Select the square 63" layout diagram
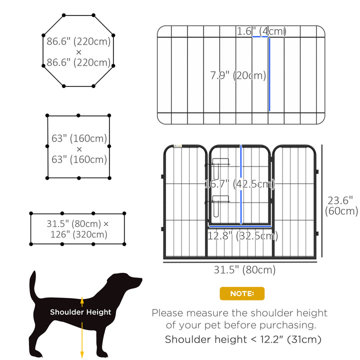pos(78,147)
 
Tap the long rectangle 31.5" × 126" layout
pos(78,229)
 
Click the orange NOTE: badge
pos(242,293)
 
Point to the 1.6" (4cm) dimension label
pos(261,31)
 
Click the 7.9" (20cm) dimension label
pos(238,76)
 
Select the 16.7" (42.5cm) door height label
pos(239,184)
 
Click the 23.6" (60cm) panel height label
pos(342,205)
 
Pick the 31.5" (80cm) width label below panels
pos(244,270)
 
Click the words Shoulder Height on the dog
pos(80,312)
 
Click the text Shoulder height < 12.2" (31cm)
pos(243,340)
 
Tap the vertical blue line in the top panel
pos(269,74)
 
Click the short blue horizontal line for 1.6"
pos(260,37)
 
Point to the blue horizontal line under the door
pos(241,226)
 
